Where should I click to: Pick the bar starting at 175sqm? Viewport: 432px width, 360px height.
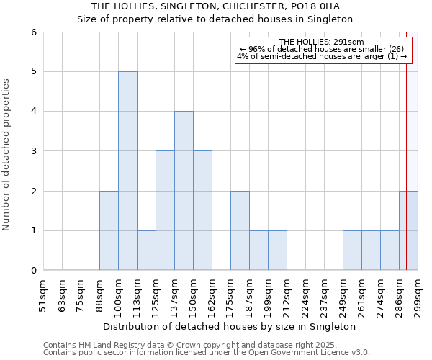click(x=240, y=230)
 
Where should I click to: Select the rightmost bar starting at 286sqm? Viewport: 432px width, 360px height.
click(x=408, y=230)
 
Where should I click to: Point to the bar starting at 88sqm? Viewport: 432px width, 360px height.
click(x=109, y=230)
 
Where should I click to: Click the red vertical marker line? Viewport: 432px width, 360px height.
click(x=407, y=144)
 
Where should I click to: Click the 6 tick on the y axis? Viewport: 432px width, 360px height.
click(x=33, y=32)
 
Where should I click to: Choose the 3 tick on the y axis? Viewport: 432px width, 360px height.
click(x=33, y=151)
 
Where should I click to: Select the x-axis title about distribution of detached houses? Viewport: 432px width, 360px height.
click(x=230, y=326)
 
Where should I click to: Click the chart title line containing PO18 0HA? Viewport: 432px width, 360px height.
click(x=215, y=6)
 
